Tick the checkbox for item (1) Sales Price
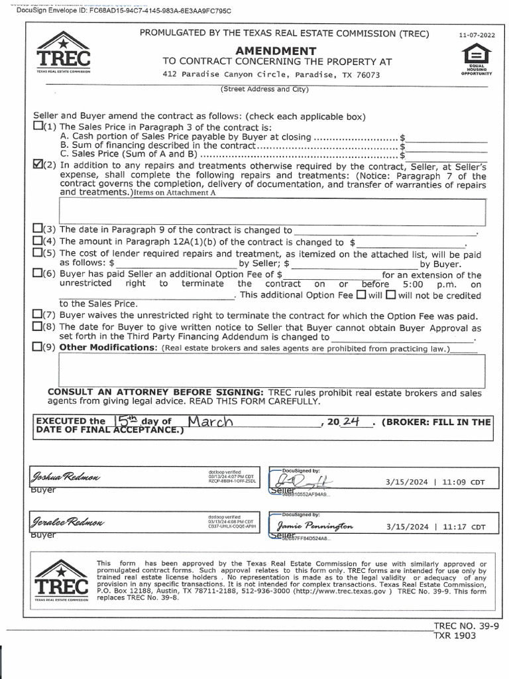point(38,126)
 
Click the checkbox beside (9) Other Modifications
point(38,347)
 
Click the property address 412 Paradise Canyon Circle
point(271,75)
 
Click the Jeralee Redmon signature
point(66,523)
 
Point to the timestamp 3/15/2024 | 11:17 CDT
point(436,527)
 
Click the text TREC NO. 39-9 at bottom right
point(466,625)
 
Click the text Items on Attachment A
point(175,193)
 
